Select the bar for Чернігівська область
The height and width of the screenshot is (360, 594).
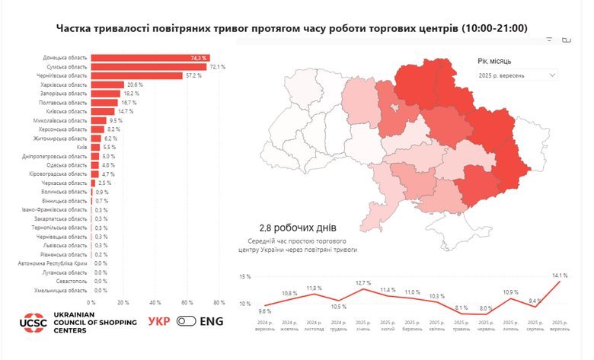(x=136, y=75)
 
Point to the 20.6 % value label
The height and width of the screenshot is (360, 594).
(x=136, y=84)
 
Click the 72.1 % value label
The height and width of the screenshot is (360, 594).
(x=217, y=67)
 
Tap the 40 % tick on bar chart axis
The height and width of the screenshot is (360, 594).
(x=155, y=302)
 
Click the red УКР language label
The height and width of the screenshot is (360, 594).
(x=158, y=321)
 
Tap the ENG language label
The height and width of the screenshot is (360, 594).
(x=211, y=321)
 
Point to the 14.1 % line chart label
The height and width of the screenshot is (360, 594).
(x=560, y=275)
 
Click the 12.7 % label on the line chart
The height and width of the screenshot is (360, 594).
(x=362, y=282)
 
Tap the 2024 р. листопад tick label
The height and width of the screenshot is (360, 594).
(x=314, y=327)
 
